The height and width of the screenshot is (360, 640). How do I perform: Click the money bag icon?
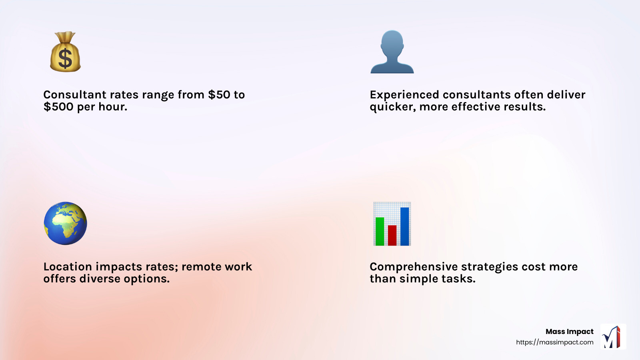point(65,52)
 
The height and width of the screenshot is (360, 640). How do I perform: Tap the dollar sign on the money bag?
point(65,59)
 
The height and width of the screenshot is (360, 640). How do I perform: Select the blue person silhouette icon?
point(392,52)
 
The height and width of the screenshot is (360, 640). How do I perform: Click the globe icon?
point(65,223)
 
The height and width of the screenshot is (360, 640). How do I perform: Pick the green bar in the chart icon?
point(380,231)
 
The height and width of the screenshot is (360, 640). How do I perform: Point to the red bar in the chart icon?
point(392,235)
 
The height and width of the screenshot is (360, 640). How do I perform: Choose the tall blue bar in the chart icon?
point(405,226)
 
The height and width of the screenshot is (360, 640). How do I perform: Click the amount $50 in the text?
point(219,95)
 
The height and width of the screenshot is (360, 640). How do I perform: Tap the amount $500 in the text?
point(58,107)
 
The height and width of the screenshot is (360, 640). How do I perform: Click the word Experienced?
point(404,95)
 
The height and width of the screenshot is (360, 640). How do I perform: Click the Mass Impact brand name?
point(569,332)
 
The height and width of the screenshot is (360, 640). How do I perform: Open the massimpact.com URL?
point(554,342)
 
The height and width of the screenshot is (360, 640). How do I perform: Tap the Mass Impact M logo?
point(613,337)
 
